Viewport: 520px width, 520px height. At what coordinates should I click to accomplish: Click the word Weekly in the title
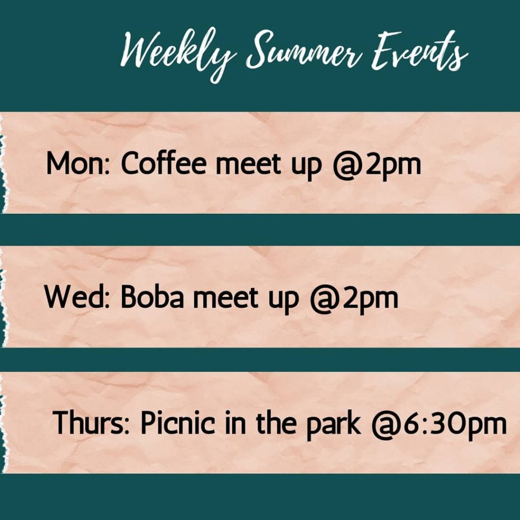177,53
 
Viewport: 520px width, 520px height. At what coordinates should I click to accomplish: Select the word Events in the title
419,51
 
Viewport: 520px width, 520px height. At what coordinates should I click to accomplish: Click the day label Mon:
78,163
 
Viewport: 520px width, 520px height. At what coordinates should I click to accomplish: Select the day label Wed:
77,297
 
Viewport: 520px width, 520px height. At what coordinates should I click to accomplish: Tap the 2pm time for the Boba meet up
370,299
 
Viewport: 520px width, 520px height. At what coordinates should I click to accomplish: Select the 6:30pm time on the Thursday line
454,425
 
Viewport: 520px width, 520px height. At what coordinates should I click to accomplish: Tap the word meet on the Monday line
248,164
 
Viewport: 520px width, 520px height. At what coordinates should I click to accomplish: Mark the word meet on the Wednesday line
225,298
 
